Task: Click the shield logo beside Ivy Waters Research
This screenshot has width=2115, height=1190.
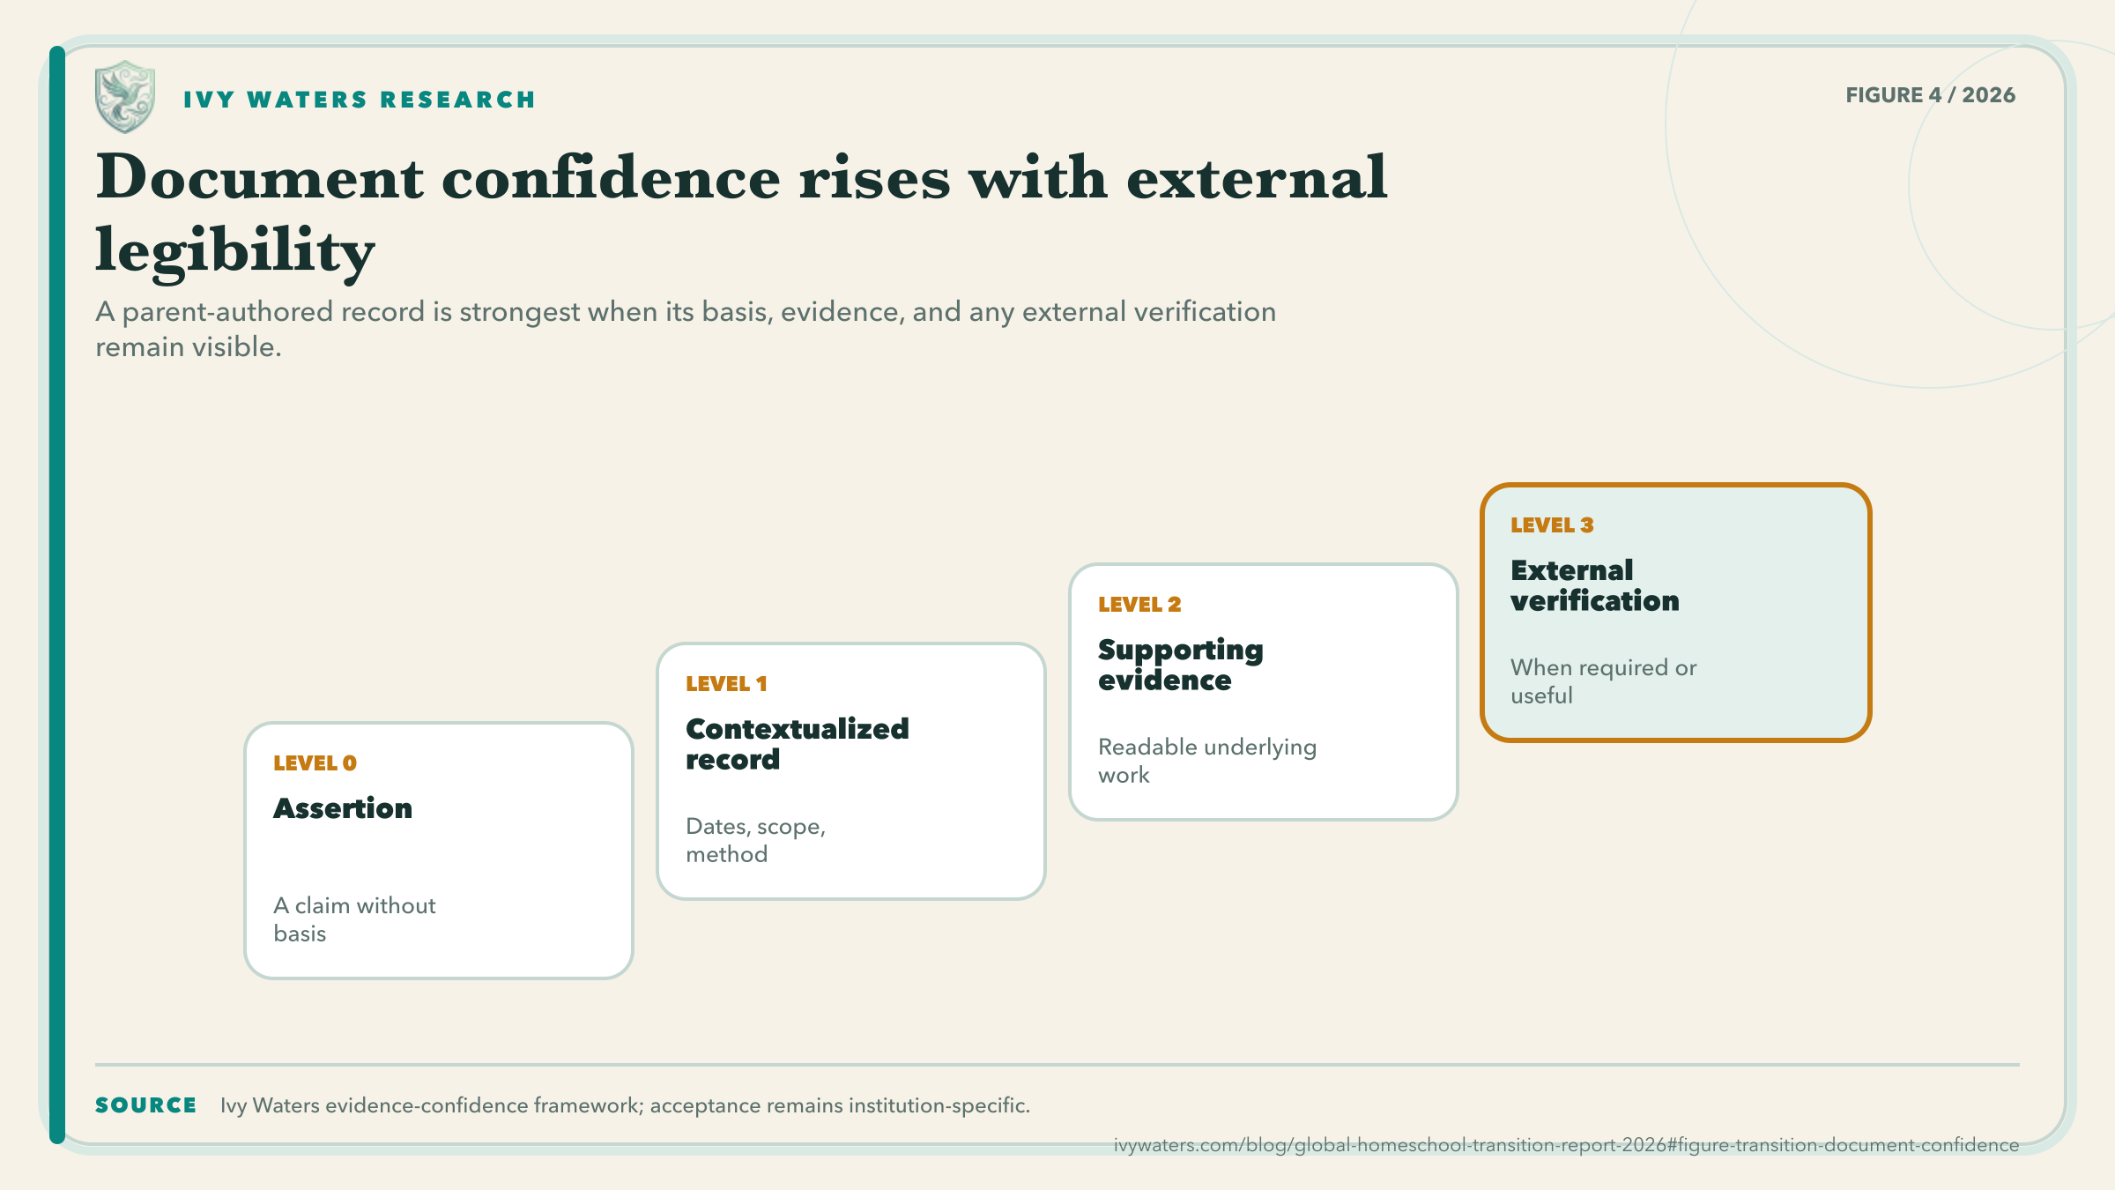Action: point(125,97)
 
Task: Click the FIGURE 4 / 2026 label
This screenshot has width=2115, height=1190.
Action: point(1930,95)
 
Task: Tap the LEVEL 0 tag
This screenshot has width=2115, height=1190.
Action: point(315,763)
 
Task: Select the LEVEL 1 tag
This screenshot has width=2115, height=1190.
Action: point(726,684)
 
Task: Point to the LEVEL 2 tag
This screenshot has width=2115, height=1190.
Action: point(1139,605)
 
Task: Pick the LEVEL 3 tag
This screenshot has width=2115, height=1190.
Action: point(1552,525)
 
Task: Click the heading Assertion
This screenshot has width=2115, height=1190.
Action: point(343,808)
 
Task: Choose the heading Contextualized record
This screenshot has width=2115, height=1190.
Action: point(798,744)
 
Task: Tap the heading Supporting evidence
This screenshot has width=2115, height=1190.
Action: point(1181,666)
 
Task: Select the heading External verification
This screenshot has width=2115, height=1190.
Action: point(1595,585)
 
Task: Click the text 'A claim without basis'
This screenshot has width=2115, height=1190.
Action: point(354,919)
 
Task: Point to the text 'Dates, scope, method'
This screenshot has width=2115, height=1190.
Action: point(755,840)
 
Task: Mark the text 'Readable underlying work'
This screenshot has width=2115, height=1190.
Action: point(1207,761)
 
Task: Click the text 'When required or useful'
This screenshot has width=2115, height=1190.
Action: point(1604,681)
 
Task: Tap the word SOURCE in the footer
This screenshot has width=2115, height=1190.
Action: point(146,1105)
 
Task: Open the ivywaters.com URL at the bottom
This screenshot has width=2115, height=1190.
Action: point(1566,1145)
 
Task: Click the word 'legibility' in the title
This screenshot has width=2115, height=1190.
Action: point(235,251)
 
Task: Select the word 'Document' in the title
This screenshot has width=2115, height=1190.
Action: point(260,177)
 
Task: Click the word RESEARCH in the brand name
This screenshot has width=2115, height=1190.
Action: point(457,100)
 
